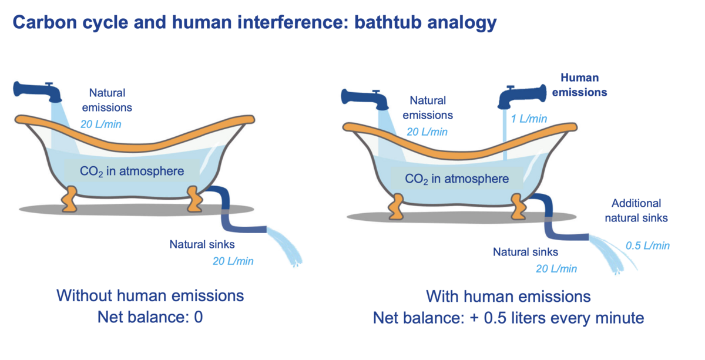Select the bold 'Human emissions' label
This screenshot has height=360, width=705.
point(583,85)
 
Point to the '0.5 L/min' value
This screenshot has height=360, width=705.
point(648,245)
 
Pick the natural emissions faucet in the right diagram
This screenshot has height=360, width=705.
point(367,99)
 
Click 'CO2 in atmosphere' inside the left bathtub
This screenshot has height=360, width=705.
point(132,171)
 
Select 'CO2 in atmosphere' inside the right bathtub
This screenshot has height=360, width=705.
point(457,179)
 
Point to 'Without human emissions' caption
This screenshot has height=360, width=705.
point(150,295)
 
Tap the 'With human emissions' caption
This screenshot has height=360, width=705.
point(508,295)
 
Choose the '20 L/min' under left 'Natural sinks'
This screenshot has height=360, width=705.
point(233,260)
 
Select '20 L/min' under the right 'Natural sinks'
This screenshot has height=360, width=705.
point(556,268)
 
